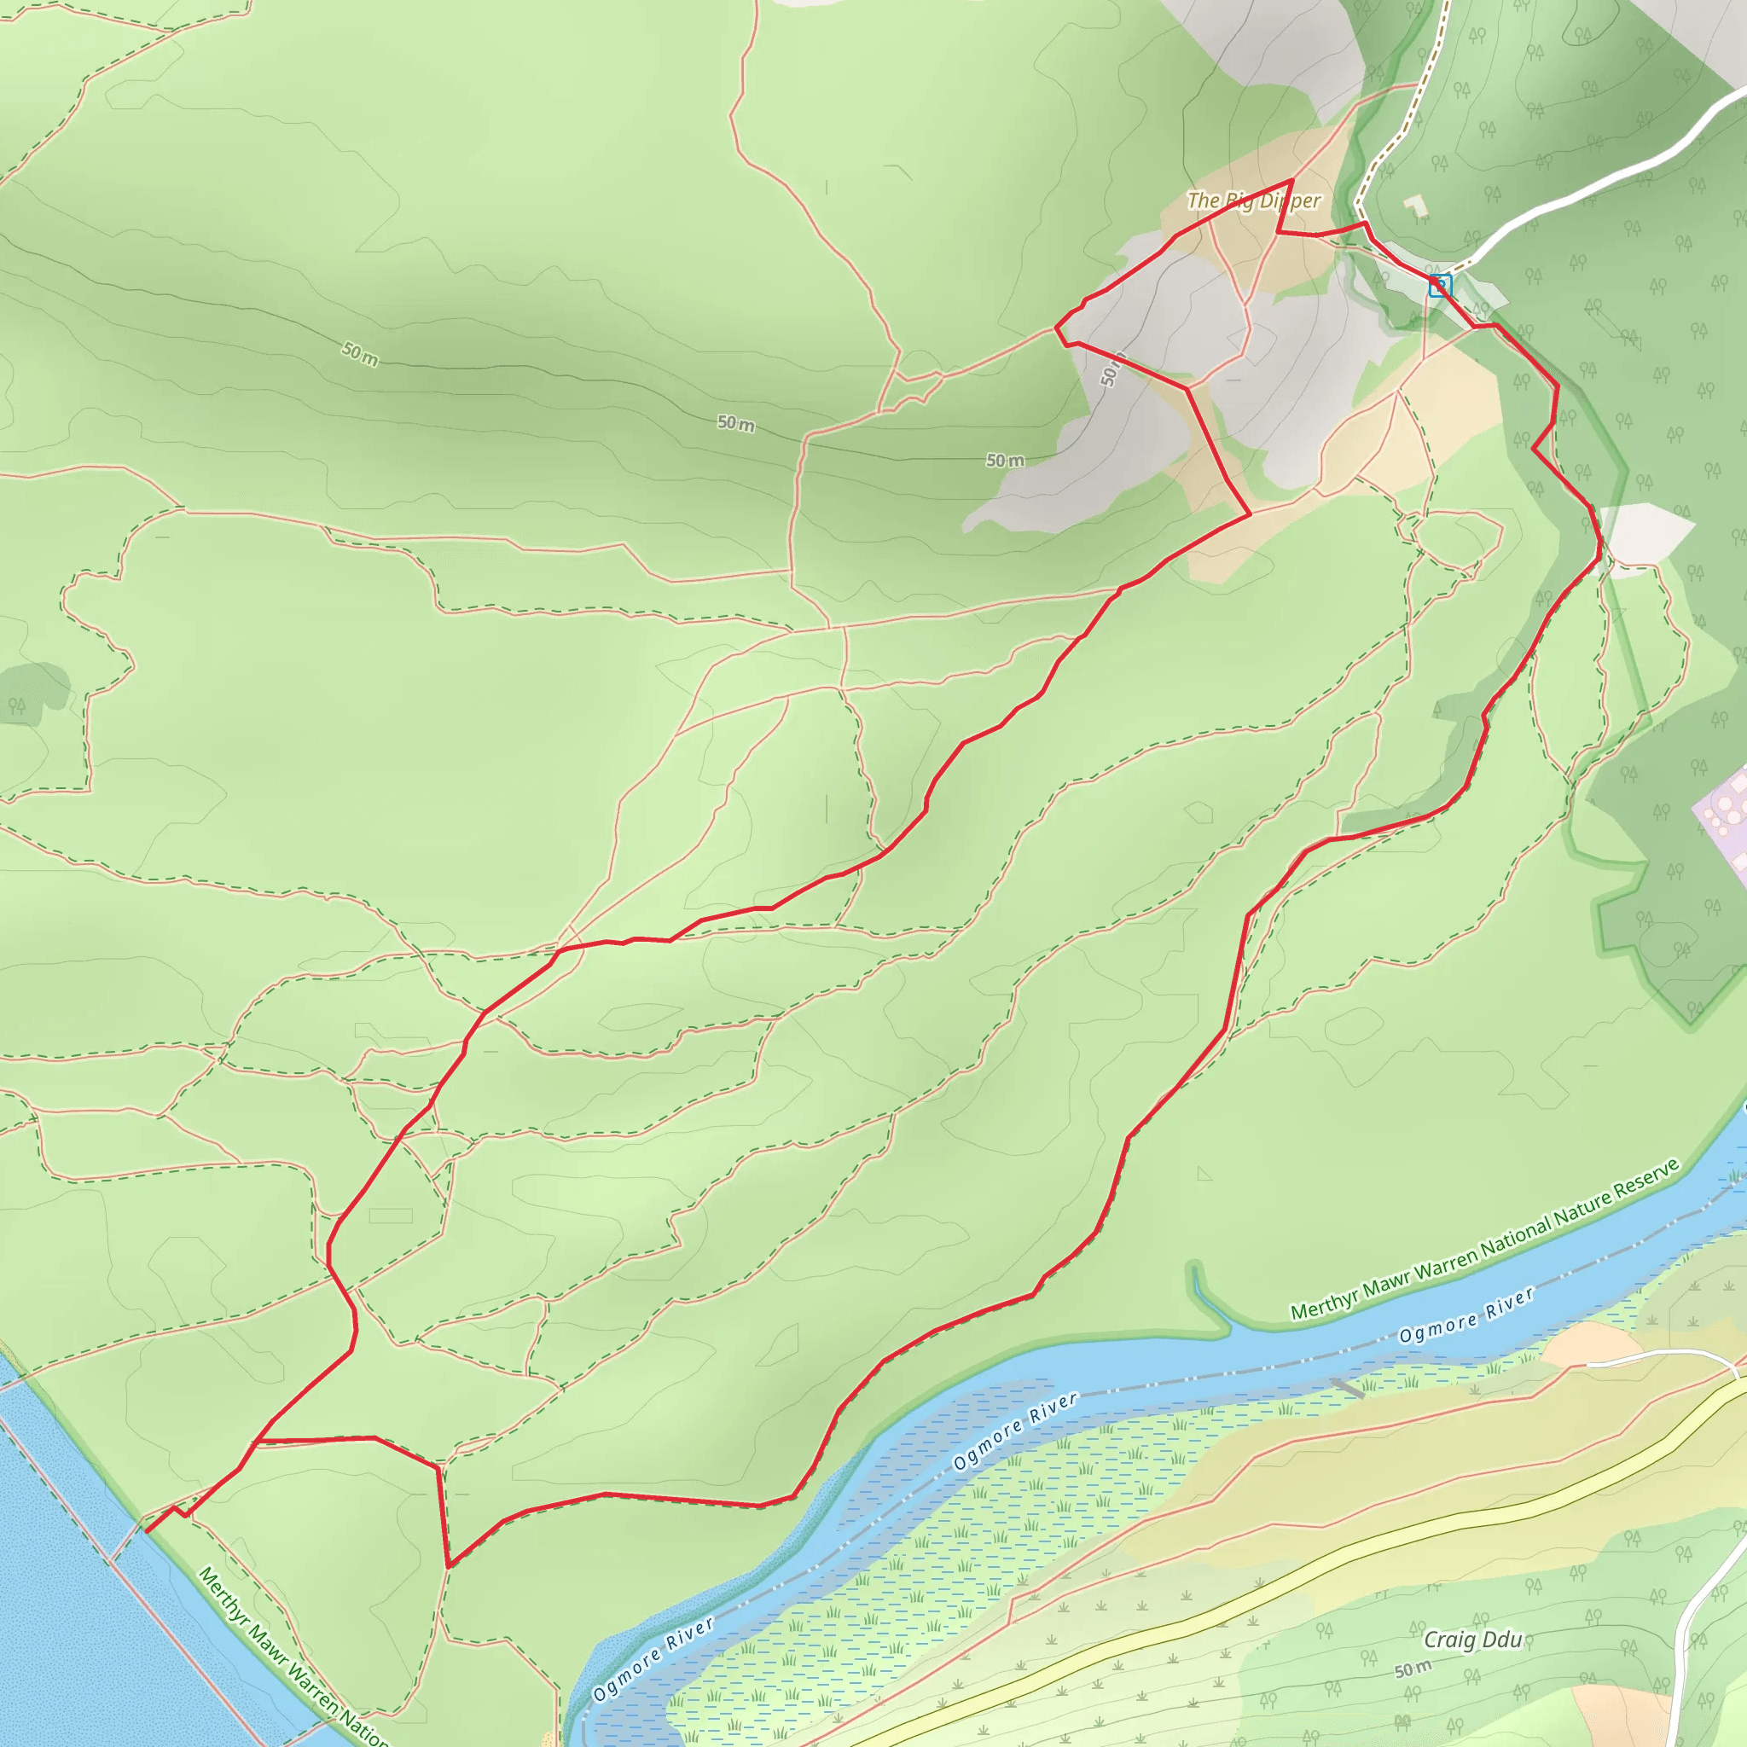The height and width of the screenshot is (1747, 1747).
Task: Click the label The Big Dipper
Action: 1253,200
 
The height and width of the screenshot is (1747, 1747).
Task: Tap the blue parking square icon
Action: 1440,287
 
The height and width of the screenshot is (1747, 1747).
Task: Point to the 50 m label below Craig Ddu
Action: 1412,1669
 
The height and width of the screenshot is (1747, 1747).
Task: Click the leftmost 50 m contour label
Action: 359,355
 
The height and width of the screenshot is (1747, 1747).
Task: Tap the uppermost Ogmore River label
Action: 1466,1315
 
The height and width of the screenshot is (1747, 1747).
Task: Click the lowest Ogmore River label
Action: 653,1658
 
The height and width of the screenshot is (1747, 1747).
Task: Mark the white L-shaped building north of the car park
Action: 1415,206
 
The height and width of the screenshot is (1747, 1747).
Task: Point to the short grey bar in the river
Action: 1347,1388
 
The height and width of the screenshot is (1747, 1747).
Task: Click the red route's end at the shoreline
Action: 147,1532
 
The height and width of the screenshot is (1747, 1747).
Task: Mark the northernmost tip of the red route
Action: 1291,181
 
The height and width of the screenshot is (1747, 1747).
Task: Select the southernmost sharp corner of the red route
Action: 448,1565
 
